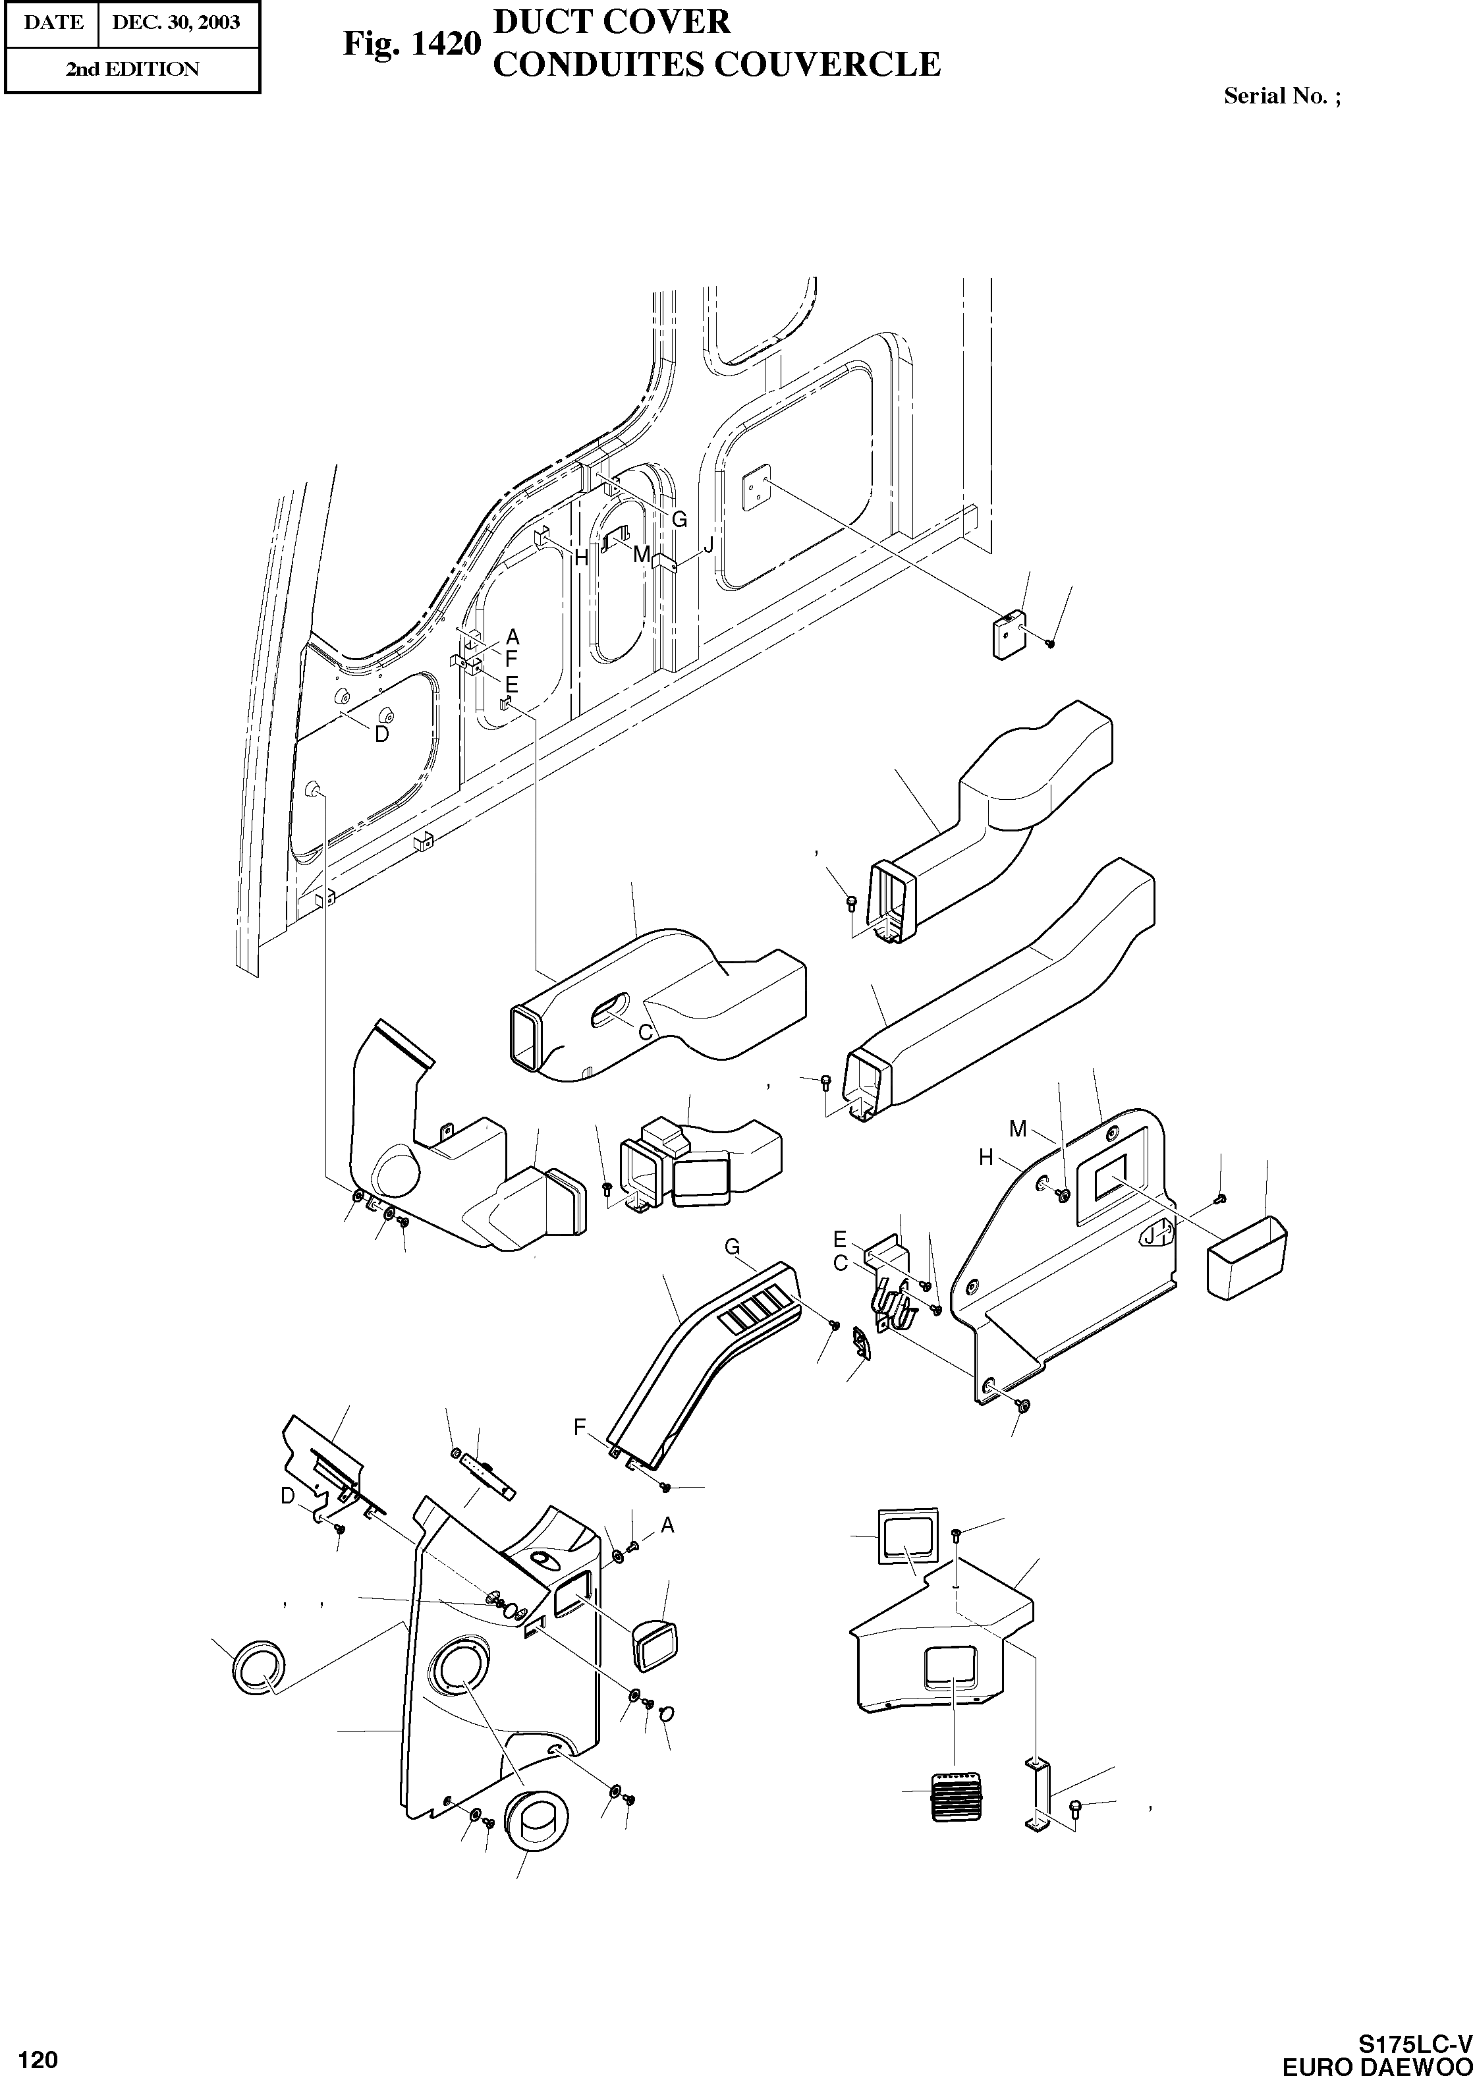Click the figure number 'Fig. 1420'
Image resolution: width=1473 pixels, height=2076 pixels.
[410, 43]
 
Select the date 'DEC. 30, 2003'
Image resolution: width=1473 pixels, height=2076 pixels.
[177, 22]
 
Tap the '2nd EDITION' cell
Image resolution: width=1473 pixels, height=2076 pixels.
[132, 69]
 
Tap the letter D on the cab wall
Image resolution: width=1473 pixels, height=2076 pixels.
[382, 734]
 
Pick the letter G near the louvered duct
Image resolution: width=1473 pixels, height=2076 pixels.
[732, 1247]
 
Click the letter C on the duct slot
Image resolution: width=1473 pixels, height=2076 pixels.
[646, 1031]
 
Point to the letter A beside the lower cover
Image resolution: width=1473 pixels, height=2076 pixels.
[667, 1525]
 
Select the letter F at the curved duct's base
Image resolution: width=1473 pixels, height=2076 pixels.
[580, 1428]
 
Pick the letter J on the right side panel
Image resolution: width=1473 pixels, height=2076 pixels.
[1149, 1235]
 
